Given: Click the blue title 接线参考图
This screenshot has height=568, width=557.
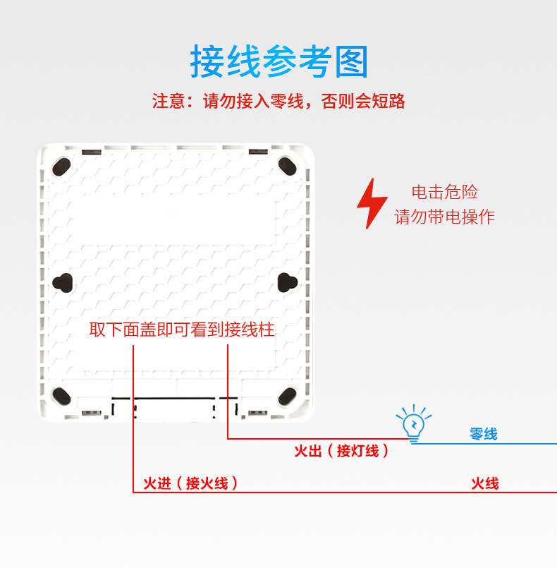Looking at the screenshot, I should click(x=278, y=61).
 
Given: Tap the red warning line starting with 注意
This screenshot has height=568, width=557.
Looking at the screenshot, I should click(x=278, y=101).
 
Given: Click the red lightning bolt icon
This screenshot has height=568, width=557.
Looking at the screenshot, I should click(x=371, y=203).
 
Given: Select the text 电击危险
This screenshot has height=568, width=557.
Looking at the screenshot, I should click(x=444, y=192).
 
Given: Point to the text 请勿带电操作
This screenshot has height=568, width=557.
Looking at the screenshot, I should click(x=444, y=217).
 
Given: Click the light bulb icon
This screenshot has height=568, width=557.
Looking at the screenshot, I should click(x=413, y=423).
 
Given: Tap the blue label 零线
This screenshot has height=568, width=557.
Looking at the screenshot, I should click(x=484, y=434).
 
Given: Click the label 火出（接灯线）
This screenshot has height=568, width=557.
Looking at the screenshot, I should click(x=341, y=451).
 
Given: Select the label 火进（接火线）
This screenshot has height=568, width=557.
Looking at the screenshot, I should click(x=190, y=483).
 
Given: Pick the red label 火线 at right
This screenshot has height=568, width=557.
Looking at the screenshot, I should click(x=485, y=483).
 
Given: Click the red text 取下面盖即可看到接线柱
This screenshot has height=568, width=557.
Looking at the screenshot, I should click(x=181, y=330).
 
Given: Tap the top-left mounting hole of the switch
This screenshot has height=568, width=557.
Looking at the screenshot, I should click(x=61, y=166).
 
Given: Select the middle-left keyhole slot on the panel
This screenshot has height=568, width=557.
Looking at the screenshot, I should click(x=63, y=282).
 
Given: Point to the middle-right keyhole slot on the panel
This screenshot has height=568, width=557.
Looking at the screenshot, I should click(x=287, y=282).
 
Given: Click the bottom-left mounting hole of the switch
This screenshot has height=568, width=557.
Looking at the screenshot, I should click(x=61, y=396).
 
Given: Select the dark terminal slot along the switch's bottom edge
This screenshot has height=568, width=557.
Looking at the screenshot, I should click(x=173, y=407).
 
